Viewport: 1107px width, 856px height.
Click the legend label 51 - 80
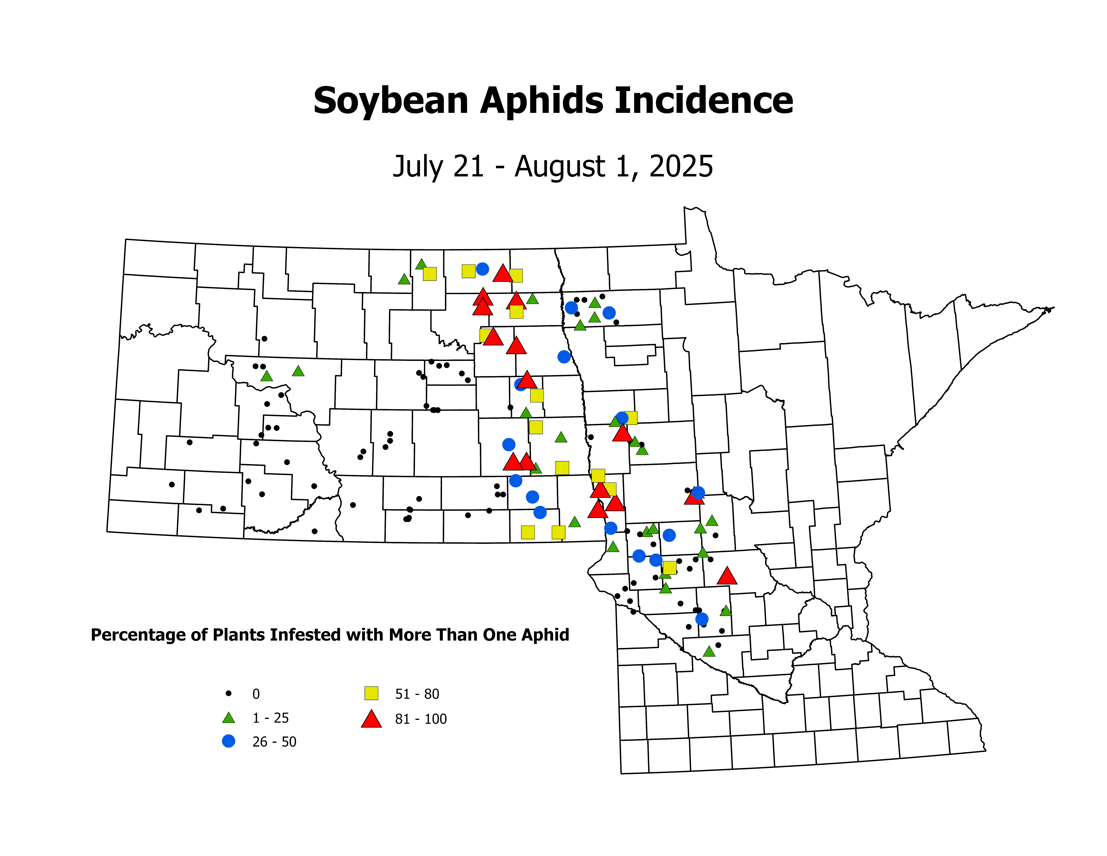coord(417,694)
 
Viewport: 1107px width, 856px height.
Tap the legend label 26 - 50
coord(274,742)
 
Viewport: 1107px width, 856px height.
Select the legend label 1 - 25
coord(271,718)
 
